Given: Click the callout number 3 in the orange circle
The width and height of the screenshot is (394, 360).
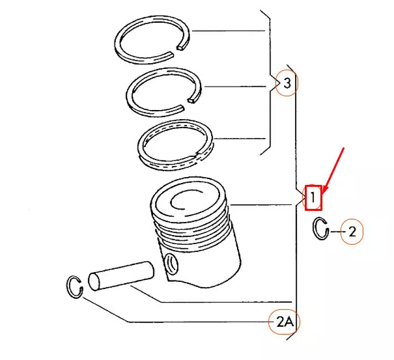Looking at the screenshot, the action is [287, 83].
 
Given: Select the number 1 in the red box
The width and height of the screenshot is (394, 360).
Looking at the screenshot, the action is [313, 197].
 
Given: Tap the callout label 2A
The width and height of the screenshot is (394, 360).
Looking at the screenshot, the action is [285, 322].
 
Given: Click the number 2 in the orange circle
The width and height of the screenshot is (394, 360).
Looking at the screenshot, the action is [352, 232].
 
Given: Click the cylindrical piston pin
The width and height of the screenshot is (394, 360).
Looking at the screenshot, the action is [121, 276].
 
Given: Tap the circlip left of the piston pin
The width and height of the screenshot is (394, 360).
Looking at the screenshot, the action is [70, 286].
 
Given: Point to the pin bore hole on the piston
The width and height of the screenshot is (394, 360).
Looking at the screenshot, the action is [171, 264].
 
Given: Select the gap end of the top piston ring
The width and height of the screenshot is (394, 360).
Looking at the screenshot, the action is [181, 47].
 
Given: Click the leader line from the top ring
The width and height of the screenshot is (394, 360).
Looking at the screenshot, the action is [229, 31].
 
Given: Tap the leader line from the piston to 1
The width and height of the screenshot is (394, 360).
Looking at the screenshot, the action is [261, 205].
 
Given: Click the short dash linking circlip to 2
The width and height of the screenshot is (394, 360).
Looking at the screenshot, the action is [335, 231].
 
